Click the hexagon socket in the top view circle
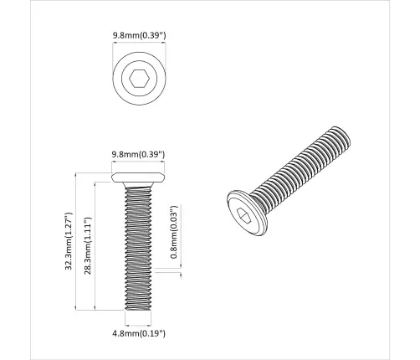138,80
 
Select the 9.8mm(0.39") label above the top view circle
138,36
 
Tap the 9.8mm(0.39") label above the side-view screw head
138,154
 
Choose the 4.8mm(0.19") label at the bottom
138,333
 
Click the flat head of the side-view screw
138,178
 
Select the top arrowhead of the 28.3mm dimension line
96,187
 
